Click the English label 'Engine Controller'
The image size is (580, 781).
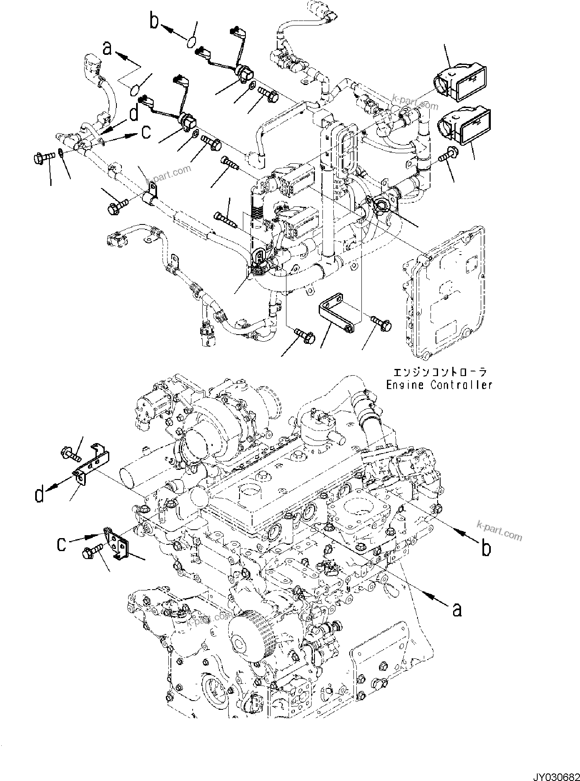[x=439, y=384]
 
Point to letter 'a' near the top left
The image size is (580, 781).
[x=108, y=49]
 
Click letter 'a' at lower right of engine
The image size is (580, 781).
[x=457, y=609]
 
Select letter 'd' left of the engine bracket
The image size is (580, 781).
[x=39, y=495]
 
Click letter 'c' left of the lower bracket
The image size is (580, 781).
[x=61, y=544]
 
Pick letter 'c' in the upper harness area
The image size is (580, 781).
[x=145, y=133]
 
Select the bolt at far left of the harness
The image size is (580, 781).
[x=42, y=158]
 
